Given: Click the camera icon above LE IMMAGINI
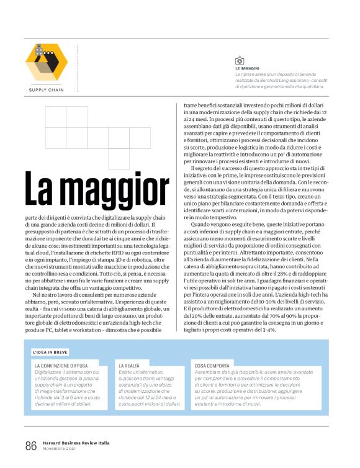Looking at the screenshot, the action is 239,60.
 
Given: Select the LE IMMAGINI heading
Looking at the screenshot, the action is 247,68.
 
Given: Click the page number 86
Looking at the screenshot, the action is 31,446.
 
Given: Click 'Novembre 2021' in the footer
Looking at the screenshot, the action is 59,449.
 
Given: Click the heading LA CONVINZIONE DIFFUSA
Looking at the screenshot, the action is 61,366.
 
